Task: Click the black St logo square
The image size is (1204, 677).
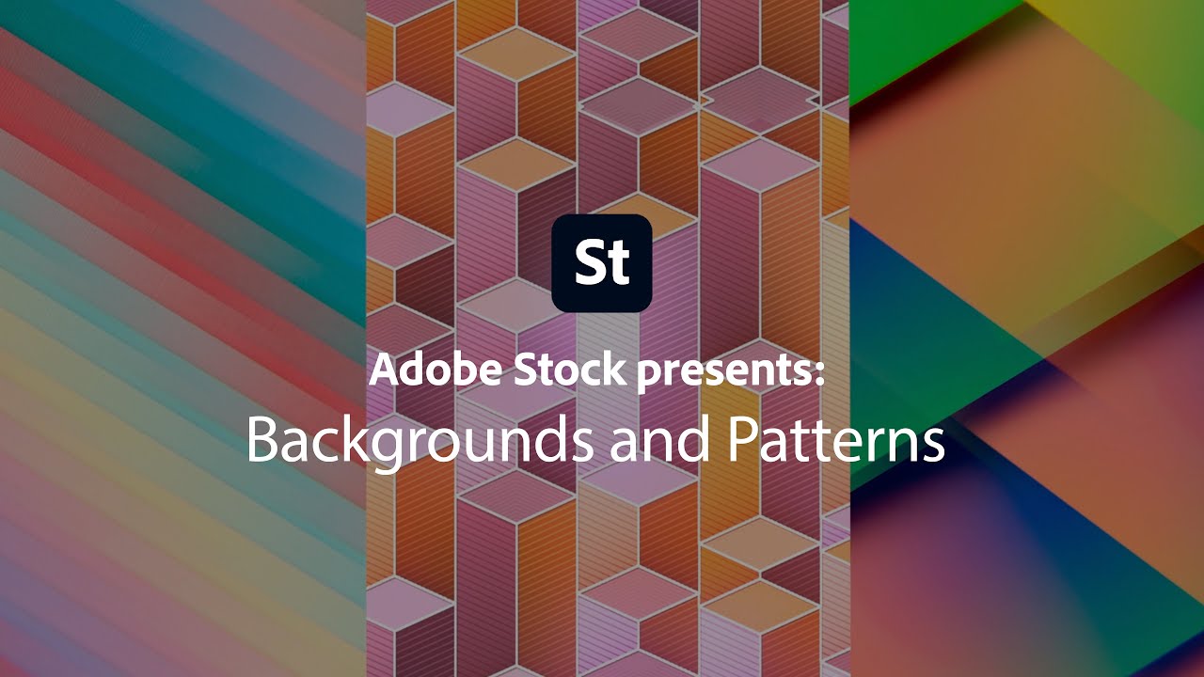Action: [602, 263]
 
